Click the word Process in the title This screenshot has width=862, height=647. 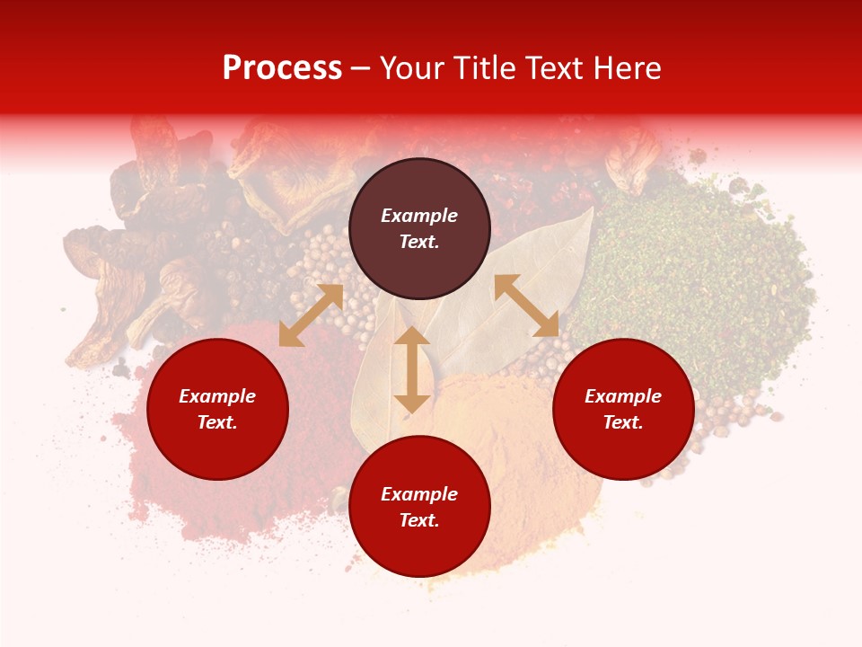[x=282, y=68]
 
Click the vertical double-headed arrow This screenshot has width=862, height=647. [x=412, y=369]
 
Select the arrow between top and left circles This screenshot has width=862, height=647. [x=311, y=315]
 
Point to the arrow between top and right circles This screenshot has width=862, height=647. [x=526, y=306]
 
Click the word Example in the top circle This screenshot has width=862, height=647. [x=419, y=216]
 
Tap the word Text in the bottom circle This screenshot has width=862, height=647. [x=419, y=520]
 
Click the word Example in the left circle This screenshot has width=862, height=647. [x=217, y=396]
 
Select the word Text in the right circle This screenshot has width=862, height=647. [x=623, y=422]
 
